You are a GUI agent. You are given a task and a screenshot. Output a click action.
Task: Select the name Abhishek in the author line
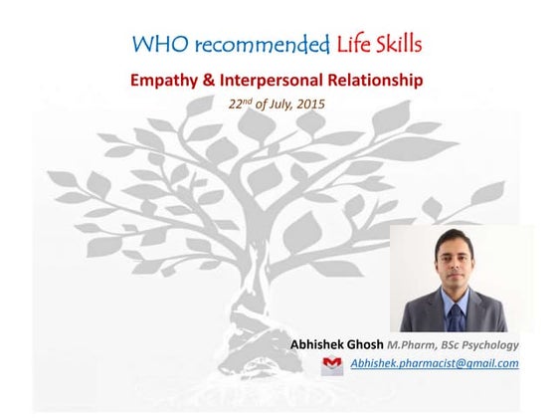(320, 344)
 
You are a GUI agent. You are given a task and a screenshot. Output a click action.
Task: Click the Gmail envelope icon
(332, 364)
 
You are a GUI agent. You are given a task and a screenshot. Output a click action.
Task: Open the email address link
(435, 364)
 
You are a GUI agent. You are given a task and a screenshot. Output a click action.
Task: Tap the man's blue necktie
(454, 317)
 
